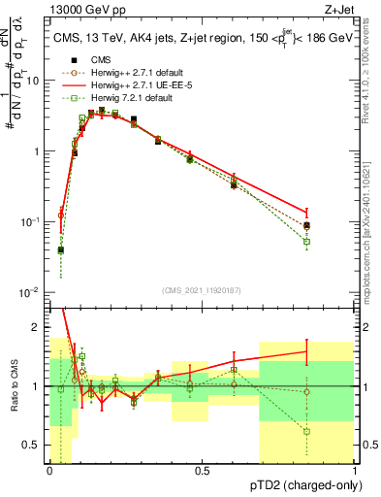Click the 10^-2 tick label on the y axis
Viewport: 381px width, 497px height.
[31, 292]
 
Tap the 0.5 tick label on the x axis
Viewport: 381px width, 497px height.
[202, 471]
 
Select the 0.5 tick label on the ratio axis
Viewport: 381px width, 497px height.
[35, 447]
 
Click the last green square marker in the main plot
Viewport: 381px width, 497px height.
[306, 241]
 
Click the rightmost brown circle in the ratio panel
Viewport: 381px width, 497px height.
[306, 392]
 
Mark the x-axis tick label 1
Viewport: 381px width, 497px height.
[355, 471]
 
